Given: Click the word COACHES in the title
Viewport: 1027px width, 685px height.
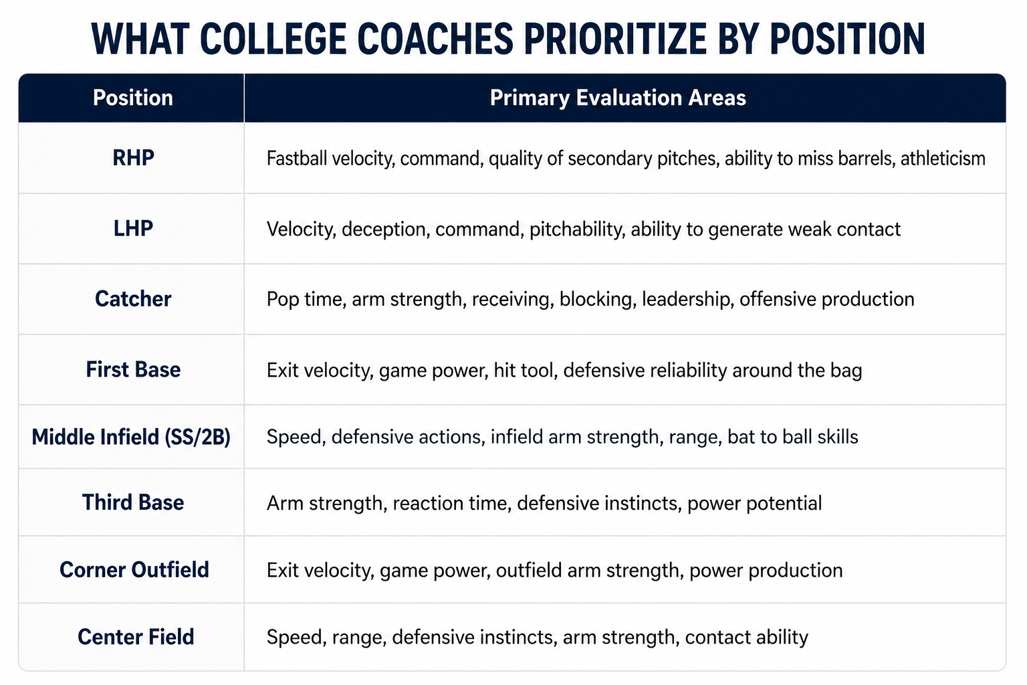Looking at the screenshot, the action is (x=435, y=39).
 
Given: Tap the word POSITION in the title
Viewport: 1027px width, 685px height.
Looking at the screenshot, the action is (x=847, y=39).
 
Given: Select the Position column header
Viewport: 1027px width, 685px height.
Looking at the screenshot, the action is (x=133, y=98).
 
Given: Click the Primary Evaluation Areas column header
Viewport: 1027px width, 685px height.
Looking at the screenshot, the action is (x=618, y=98).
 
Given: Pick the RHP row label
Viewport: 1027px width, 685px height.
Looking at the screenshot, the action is (x=133, y=158).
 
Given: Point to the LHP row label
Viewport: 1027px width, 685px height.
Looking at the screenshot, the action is (x=133, y=229).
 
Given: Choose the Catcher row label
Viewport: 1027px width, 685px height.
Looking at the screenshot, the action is (x=133, y=299).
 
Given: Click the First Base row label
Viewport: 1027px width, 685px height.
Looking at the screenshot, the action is (x=133, y=370).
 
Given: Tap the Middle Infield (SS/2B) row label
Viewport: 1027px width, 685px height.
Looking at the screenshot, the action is (x=131, y=437).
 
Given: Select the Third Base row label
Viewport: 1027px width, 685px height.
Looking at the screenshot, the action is (x=133, y=502).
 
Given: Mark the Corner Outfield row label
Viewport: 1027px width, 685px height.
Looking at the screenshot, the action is (x=134, y=570).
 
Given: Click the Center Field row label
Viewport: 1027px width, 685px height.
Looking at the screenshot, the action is (x=136, y=637).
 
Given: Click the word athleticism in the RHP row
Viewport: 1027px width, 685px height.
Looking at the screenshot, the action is (x=943, y=159).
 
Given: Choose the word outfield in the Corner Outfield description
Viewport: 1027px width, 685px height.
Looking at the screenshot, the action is (x=529, y=571).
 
